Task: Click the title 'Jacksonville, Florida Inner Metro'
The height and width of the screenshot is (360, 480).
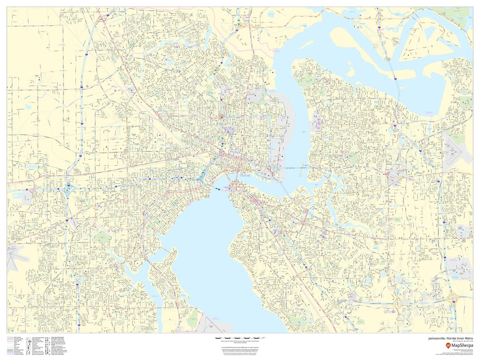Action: pyautogui.click(x=446, y=338)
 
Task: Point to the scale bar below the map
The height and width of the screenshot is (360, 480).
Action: pyautogui.click(x=239, y=339)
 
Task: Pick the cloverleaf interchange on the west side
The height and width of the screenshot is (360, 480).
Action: pyautogui.click(x=69, y=189)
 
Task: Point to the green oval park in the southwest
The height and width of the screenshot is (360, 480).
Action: pyautogui.click(x=102, y=236)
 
